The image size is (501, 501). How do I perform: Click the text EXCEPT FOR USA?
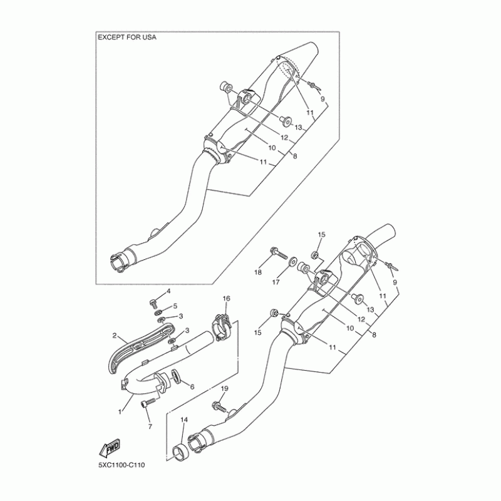(x=127, y=38)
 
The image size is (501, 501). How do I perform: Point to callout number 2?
(x=115, y=336)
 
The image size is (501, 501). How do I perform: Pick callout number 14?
(x=184, y=421)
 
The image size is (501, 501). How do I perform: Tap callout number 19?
(x=224, y=389)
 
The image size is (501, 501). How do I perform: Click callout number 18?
(x=257, y=273)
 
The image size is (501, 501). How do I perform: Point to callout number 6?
(x=192, y=386)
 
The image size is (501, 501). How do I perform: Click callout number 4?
(x=168, y=292)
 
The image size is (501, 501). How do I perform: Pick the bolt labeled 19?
(x=220, y=406)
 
